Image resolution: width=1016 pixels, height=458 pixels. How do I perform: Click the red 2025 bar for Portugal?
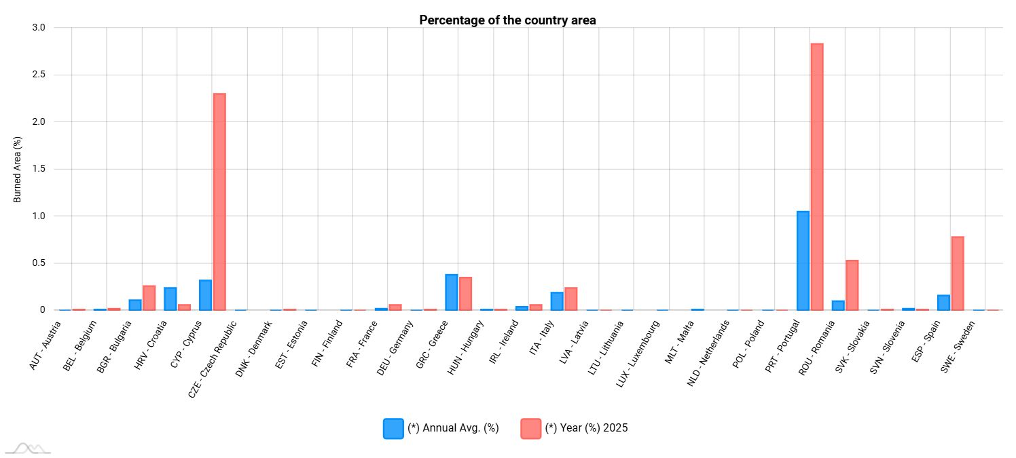tap(816, 176)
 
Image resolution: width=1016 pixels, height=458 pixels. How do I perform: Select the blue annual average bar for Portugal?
tap(803, 261)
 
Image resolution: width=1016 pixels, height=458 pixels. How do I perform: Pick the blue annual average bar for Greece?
tap(451, 292)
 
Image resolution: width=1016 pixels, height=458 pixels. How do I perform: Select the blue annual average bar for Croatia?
tap(170, 299)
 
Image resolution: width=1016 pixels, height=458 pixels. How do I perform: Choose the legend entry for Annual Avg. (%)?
tap(441, 428)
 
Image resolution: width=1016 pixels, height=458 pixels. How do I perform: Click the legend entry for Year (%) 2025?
tap(574, 428)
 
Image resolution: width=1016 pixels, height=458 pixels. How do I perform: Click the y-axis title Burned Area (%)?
tap(18, 168)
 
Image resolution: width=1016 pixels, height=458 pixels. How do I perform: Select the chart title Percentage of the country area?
tap(507, 20)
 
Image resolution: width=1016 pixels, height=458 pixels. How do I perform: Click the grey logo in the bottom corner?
tap(28, 447)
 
